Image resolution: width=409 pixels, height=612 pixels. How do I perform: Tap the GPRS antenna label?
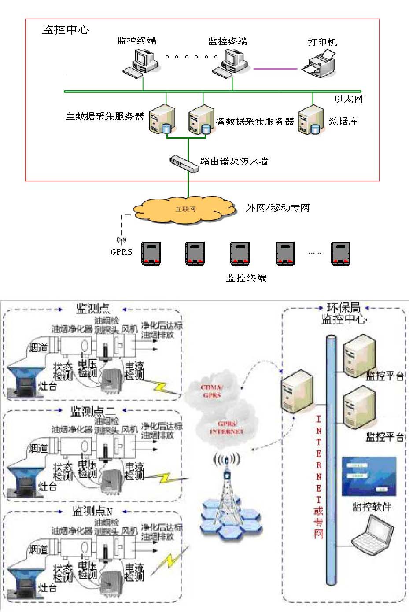click(x=121, y=252)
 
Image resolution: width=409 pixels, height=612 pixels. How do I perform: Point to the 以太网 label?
click(x=349, y=99)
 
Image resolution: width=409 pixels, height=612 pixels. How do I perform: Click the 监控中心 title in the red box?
click(x=66, y=30)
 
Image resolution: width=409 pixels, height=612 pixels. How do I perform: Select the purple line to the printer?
click(x=276, y=69)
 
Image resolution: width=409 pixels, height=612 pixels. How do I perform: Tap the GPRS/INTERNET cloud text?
click(x=227, y=428)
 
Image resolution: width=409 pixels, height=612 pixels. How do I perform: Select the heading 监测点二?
click(x=93, y=412)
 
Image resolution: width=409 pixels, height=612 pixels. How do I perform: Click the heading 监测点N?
click(x=92, y=511)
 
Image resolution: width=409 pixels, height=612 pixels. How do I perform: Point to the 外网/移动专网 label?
click(x=277, y=208)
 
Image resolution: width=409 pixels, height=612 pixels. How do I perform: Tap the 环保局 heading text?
click(x=343, y=307)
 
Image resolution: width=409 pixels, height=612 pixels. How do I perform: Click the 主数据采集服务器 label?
click(x=105, y=117)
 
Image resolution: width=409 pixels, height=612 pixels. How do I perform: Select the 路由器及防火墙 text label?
click(x=234, y=161)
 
